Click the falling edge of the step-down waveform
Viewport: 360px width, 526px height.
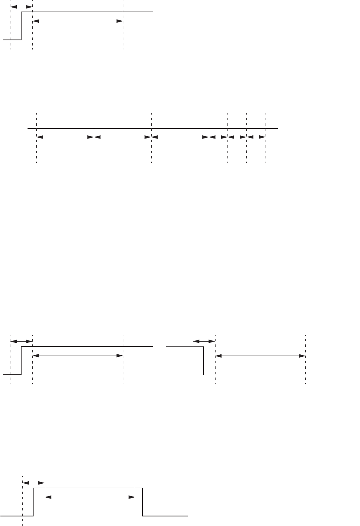coord(204,361)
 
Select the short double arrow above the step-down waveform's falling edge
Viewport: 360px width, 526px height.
coord(204,341)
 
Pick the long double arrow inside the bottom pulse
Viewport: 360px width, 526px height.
coord(90,497)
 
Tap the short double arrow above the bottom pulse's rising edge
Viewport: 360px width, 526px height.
coord(34,483)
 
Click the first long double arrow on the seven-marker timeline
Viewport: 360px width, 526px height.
coord(65,137)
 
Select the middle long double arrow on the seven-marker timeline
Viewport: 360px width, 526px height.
coord(123,137)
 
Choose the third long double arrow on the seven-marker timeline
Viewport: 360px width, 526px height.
coord(180,137)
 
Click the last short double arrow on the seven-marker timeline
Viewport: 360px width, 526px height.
coord(256,137)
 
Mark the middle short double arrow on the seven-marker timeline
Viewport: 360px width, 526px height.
coord(237,137)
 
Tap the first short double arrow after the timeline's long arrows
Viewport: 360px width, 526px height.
coord(218,137)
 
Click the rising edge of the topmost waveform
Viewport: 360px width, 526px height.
coord(21,26)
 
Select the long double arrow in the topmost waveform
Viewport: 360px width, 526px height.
coord(77,21)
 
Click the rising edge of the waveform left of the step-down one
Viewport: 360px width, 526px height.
coord(21,361)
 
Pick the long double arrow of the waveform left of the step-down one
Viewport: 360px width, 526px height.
coord(77,355)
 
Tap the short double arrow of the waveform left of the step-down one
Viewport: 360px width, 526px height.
coord(21,341)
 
